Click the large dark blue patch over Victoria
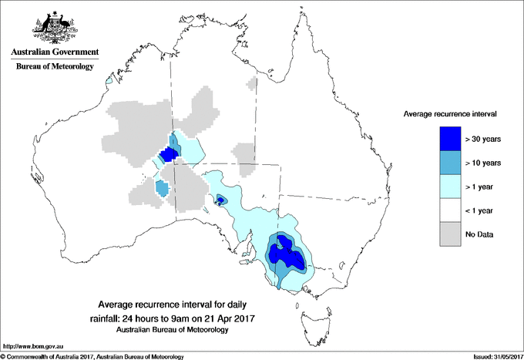point(285,253)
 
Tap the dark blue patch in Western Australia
point(168,156)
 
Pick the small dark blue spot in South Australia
point(221,200)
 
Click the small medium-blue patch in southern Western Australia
point(162,187)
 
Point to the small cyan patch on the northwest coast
point(109,79)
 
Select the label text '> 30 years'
point(483,139)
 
